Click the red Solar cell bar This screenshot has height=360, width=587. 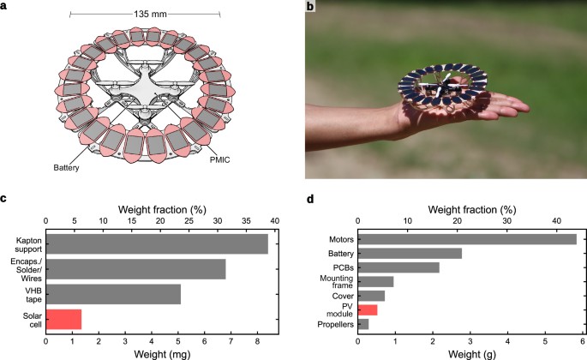coord(63,320)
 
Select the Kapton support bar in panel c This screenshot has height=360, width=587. coord(157,244)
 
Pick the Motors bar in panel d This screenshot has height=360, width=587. coord(467,239)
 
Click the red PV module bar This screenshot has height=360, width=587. coord(368,310)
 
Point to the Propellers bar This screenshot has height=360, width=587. coord(363,324)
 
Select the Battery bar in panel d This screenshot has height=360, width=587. coord(410,254)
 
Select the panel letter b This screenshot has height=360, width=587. coord(310,6)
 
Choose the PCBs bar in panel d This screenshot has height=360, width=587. coord(398,267)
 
